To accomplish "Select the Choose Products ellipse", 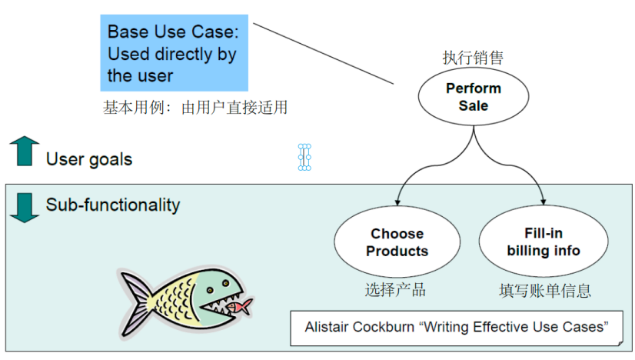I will click(x=397, y=242).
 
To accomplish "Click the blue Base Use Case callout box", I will click(x=174, y=53).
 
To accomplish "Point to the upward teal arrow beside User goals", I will click(x=25, y=152).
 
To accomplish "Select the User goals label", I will click(x=89, y=160).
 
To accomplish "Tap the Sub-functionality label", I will click(x=113, y=205).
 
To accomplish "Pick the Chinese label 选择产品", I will click(x=395, y=290).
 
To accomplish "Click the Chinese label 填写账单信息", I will click(x=544, y=290).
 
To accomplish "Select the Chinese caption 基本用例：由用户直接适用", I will click(x=195, y=108).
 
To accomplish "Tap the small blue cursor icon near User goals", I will click(x=304, y=157).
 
